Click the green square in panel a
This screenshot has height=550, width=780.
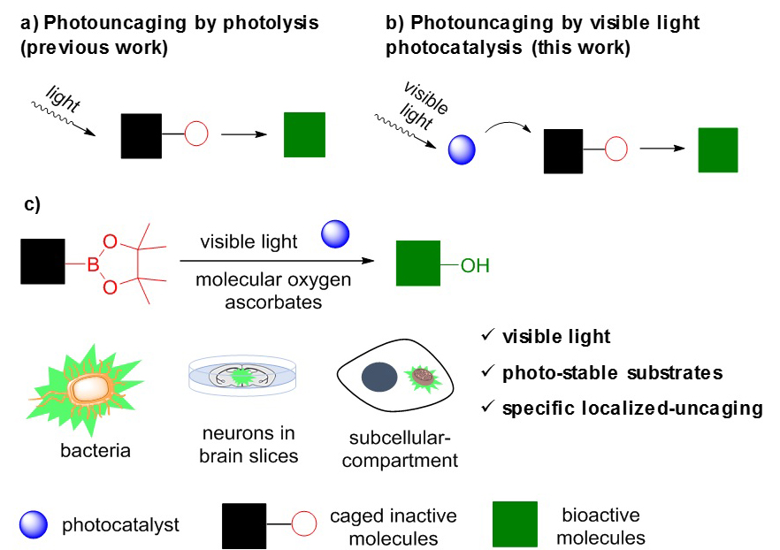tap(305, 134)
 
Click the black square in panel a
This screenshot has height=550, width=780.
tap(141, 134)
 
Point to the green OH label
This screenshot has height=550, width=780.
tap(475, 264)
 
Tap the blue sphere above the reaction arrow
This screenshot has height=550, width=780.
tap(335, 234)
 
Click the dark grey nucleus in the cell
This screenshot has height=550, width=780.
tap(379, 378)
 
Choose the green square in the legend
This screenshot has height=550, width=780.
tap(515, 524)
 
